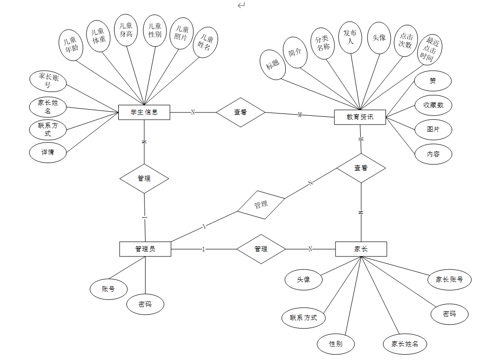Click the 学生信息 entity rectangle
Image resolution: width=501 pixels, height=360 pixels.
[144, 113]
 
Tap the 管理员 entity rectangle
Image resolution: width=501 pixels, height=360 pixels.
[145, 249]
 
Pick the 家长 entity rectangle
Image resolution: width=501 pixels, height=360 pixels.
[361, 249]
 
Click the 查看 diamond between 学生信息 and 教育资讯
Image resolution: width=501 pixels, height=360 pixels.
[240, 113]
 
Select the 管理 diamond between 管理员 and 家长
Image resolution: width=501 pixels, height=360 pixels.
[261, 249]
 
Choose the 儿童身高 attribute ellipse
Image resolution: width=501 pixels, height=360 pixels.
[126, 30]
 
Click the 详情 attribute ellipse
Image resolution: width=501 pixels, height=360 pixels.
[48, 153]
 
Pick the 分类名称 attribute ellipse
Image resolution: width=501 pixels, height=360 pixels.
[323, 43]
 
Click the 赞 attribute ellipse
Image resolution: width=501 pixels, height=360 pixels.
[432, 81]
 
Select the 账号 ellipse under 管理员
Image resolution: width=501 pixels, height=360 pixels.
[109, 289]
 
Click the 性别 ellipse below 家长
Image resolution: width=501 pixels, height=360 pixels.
[336, 343]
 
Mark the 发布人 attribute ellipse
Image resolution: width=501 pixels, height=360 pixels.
[350, 37]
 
